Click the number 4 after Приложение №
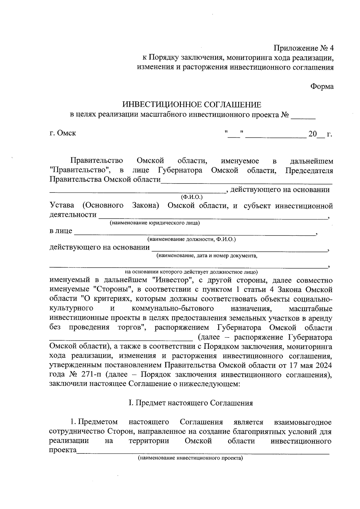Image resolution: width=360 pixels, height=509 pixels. point(331,48)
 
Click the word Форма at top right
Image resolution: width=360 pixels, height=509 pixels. point(322,86)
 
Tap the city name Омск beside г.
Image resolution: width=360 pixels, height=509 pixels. point(66,133)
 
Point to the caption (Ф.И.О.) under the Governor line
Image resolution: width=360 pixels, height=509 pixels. point(192,197)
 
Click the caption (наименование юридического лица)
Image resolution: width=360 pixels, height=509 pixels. point(154,223)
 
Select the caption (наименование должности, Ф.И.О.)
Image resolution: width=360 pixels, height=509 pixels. point(191,239)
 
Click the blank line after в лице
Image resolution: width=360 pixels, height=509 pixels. point(195,233)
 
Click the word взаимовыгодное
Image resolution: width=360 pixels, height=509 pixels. point(303,422)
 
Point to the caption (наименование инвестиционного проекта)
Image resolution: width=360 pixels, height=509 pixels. point(190,458)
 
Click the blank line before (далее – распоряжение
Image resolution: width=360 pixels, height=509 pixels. point(121,340)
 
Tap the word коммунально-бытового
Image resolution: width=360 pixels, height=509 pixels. point(172,309)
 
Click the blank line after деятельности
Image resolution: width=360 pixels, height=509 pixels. point(213,218)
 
